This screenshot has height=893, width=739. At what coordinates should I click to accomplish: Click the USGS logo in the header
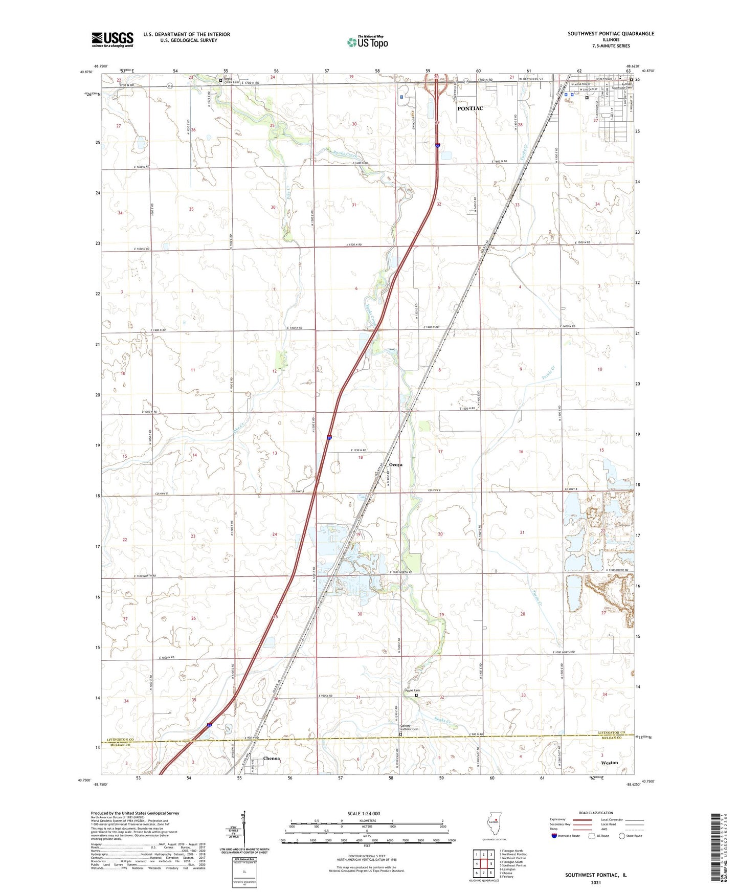pyautogui.click(x=113, y=39)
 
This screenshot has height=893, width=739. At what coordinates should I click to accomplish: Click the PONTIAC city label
pyautogui.click(x=469, y=108)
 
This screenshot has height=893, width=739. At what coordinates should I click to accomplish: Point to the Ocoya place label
pyautogui.click(x=395, y=465)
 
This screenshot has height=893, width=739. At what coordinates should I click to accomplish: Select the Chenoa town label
pyautogui.click(x=271, y=758)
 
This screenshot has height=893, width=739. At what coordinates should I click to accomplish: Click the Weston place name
pyautogui.click(x=609, y=763)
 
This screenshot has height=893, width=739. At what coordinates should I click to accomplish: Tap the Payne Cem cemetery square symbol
pyautogui.click(x=416, y=696)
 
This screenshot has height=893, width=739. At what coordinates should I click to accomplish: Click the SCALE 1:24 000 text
pyautogui.click(x=364, y=814)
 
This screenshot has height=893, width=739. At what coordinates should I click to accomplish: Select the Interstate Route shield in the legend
pyautogui.click(x=554, y=836)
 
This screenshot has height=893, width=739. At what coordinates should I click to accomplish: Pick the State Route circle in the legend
pyautogui.click(x=622, y=836)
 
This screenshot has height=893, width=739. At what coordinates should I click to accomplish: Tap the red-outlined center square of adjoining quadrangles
pyautogui.click(x=483, y=864)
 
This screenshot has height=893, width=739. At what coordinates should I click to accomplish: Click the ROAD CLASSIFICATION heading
pyautogui.click(x=596, y=813)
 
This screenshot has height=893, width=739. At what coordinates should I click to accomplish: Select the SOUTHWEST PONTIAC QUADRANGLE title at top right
pyautogui.click(x=611, y=34)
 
